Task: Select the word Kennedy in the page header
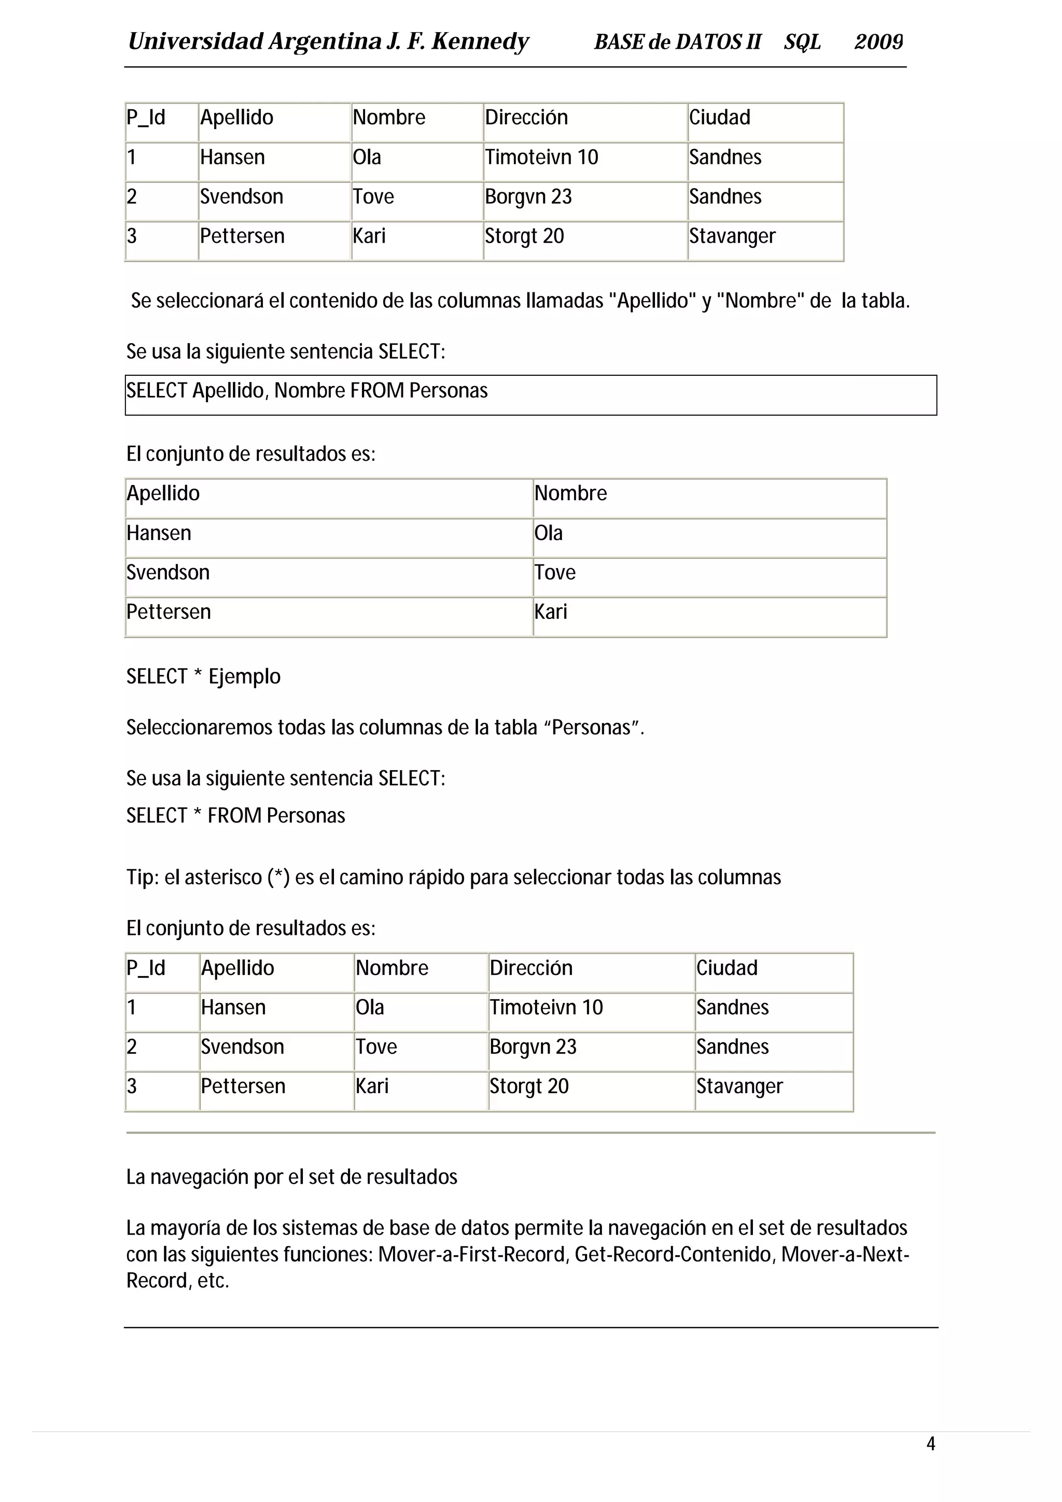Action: click(480, 42)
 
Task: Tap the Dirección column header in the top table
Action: click(526, 118)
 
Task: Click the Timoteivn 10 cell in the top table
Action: click(541, 158)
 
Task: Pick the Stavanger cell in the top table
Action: click(732, 236)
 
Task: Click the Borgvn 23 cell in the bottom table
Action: click(533, 1047)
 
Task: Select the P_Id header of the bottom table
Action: click(146, 968)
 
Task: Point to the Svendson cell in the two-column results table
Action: click(168, 572)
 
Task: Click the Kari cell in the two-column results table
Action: click(550, 612)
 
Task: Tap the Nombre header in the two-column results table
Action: click(570, 493)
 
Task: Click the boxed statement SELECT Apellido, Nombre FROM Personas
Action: click(307, 391)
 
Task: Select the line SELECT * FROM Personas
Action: click(235, 816)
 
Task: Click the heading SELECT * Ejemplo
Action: click(203, 676)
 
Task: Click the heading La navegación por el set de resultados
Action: click(292, 1177)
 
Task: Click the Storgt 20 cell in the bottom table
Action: click(529, 1086)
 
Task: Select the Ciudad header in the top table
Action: click(719, 118)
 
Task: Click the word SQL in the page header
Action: click(802, 42)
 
